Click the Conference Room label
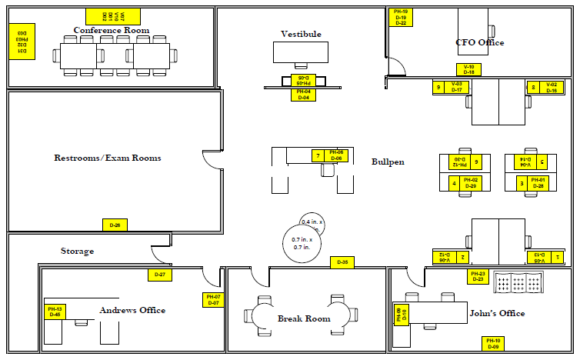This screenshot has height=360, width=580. pos(112,30)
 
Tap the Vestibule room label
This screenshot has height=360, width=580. pos(301,34)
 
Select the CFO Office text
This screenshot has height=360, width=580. pos(480,42)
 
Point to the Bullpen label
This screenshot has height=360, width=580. pos(388,162)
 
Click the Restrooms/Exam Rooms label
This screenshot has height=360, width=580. pos(108,158)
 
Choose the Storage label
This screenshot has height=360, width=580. pos(78,251)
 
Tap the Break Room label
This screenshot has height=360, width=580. pos(304,318)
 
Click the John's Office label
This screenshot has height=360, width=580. pos(497,313)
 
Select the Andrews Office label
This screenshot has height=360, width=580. pos(132,310)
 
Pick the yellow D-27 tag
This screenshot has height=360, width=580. pos(160,275)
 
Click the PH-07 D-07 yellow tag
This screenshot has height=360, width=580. pos(212,300)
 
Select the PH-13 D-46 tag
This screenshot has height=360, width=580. pos(55,312)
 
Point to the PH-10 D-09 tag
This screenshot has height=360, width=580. pos(492,344)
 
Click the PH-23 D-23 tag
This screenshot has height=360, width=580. pos(478,277)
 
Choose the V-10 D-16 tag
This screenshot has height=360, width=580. pos(468,69)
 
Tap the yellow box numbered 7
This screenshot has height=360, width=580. pos(318,156)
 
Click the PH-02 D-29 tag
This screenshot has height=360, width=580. pos(471,183)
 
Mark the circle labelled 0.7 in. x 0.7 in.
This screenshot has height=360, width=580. pos(302,244)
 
